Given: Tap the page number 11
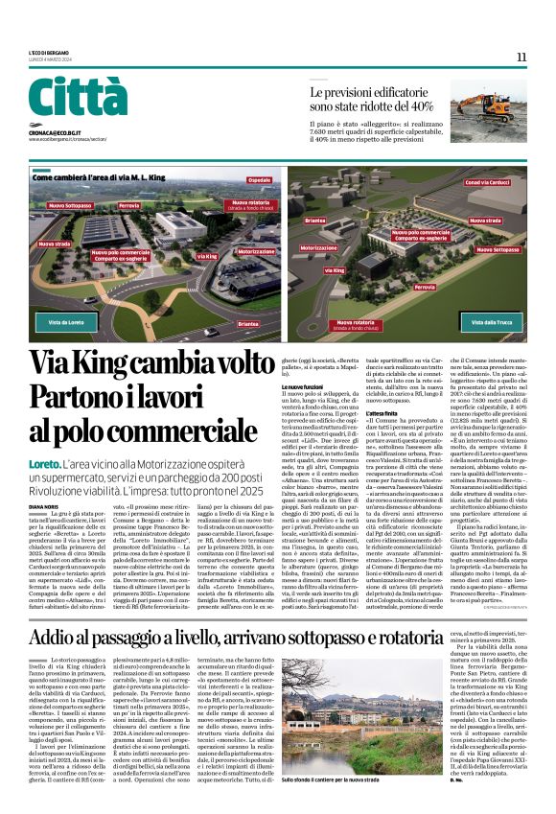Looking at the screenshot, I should tap(521, 58).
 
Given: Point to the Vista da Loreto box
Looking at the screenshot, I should tap(66, 322).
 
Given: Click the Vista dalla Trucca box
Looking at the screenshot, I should tap(490, 322).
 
